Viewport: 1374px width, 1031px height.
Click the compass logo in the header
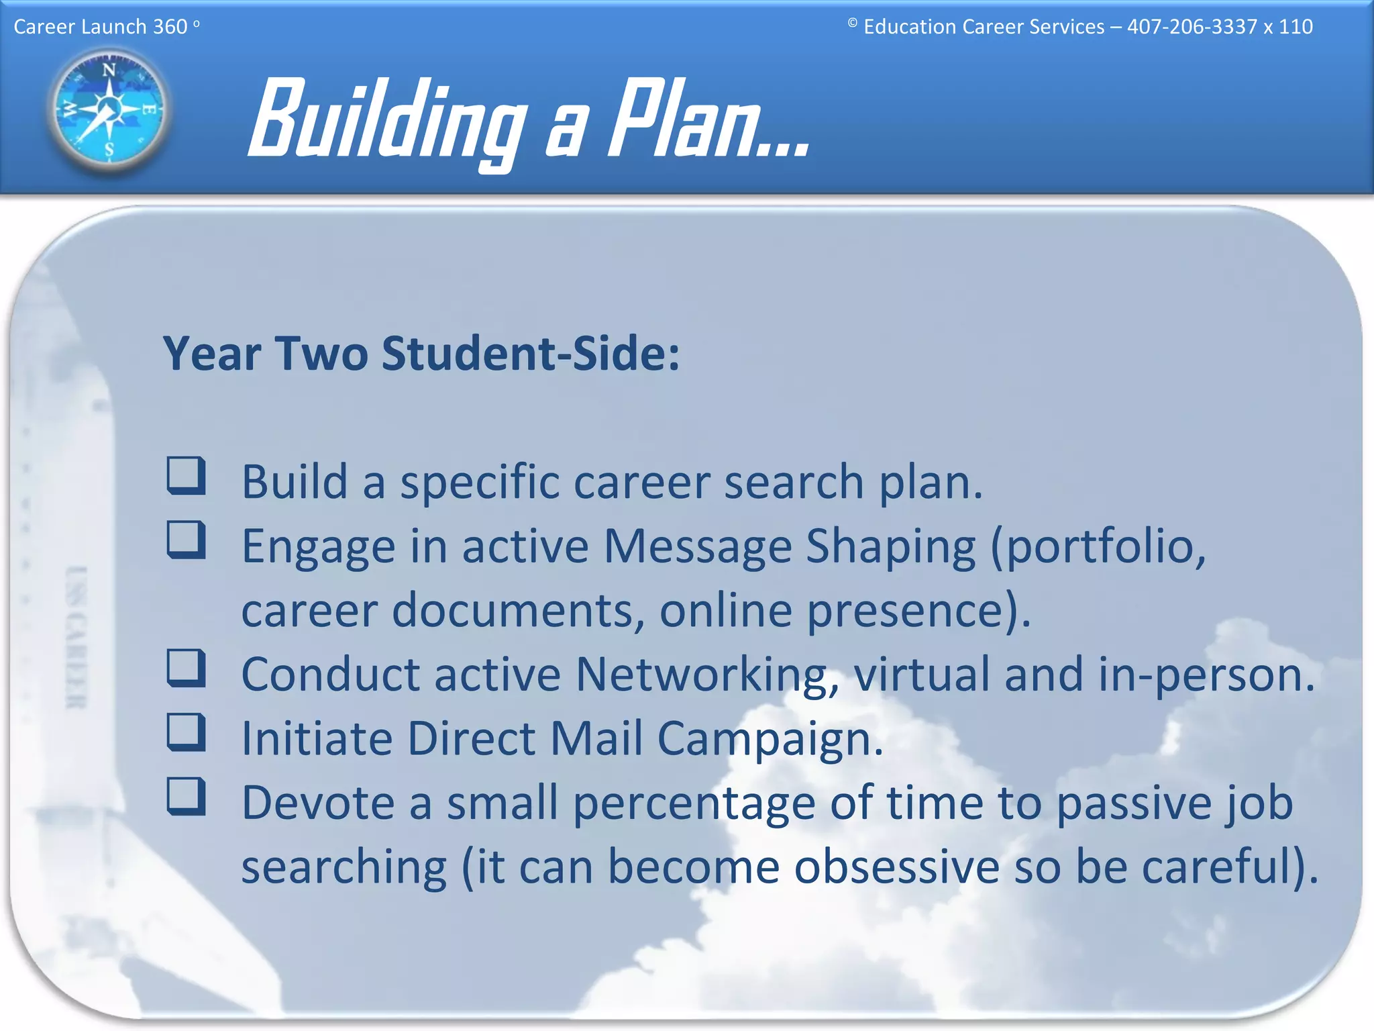109,109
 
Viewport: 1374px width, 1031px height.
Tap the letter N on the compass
109,70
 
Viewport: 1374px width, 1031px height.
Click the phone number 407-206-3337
1192,27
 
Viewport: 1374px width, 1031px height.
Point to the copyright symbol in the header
852,23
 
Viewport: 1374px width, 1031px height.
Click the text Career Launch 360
101,27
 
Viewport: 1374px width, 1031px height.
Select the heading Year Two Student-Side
421,354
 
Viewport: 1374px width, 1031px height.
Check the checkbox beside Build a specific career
186,476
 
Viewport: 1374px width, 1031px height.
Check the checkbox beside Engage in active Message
186,540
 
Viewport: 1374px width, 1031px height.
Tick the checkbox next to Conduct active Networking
186,668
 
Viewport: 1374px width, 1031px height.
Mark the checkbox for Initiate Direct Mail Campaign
186,732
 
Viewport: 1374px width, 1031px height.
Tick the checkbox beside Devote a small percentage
186,797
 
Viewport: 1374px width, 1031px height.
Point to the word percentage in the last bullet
694,804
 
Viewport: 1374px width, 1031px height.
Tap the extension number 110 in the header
1295,27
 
